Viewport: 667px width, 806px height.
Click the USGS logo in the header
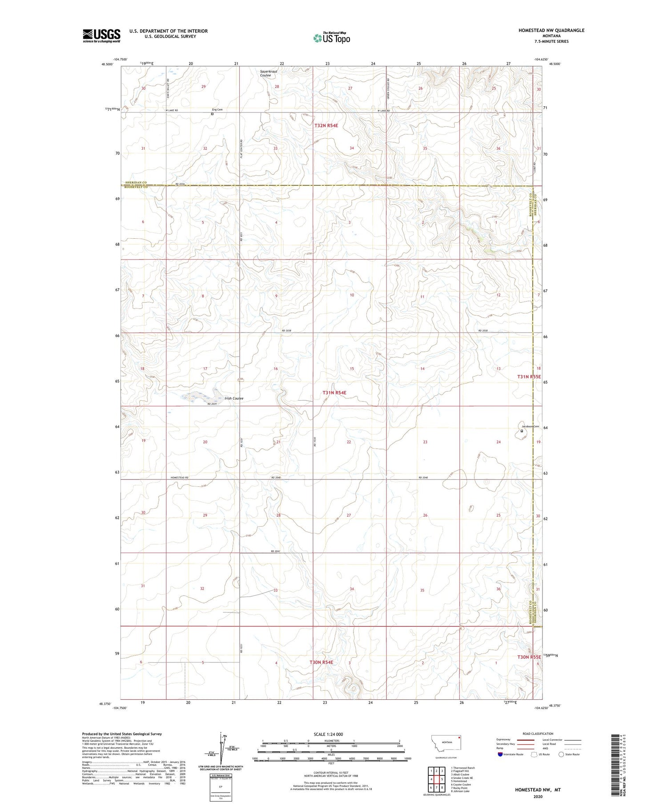pyautogui.click(x=101, y=36)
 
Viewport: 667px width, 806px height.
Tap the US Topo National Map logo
pyautogui.click(x=331, y=38)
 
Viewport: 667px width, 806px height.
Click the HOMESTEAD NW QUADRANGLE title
pyautogui.click(x=551, y=30)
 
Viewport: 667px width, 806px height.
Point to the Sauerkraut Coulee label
pyautogui.click(x=269, y=73)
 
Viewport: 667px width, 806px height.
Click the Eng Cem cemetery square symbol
pyautogui.click(x=212, y=114)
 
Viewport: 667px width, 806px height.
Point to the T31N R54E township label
pyautogui.click(x=334, y=393)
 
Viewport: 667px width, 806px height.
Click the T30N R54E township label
pyautogui.click(x=321, y=662)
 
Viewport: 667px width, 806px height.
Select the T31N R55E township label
pyautogui.click(x=529, y=377)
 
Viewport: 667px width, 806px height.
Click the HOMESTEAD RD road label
pyautogui.click(x=180, y=477)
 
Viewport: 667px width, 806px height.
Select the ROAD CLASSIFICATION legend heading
pyautogui.click(x=538, y=734)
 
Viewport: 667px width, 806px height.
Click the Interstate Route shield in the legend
pyautogui.click(x=500, y=754)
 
